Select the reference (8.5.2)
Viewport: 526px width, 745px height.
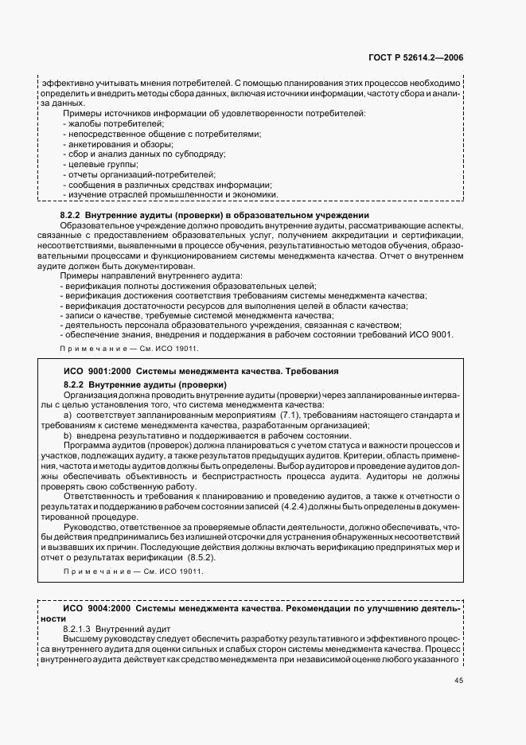[x=211, y=557]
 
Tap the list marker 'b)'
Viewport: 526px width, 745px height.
[x=68, y=436]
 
